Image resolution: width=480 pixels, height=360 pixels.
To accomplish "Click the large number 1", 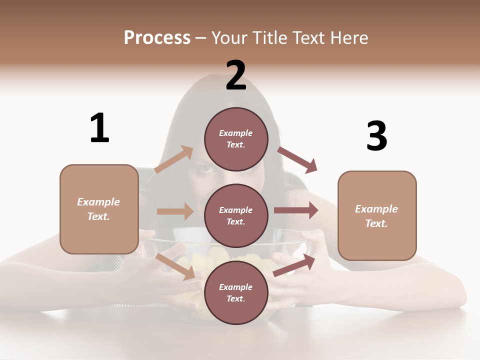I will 99,128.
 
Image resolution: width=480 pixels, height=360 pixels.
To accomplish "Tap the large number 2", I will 236,75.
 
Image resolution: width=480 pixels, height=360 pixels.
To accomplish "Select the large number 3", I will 376,136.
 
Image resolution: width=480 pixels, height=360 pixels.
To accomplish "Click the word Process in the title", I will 157,37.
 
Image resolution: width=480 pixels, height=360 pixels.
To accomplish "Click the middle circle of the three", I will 236,215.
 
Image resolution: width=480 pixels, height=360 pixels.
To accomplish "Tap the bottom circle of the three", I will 236,292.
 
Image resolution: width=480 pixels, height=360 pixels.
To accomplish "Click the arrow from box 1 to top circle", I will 174,159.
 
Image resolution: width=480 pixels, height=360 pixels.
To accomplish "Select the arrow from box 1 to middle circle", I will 175,211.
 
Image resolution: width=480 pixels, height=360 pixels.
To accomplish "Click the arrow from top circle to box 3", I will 297,160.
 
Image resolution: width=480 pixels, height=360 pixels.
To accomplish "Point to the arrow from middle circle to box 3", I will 296,210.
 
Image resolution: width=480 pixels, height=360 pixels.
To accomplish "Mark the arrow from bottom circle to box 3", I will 294,265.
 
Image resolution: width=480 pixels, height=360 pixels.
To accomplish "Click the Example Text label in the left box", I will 98,209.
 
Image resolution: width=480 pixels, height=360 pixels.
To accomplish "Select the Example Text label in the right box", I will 376,216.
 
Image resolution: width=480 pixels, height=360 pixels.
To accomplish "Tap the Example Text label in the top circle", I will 236,138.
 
